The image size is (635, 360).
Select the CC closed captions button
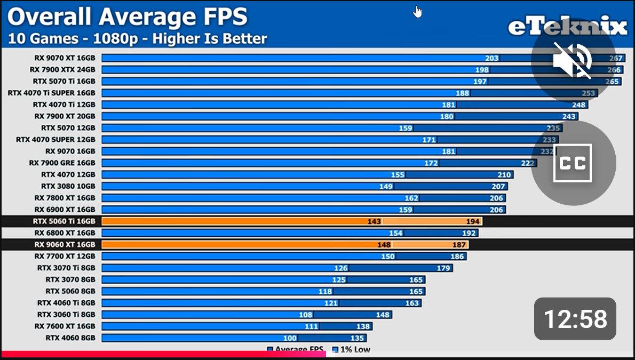tap(573, 163)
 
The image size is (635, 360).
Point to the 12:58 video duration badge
tap(575, 318)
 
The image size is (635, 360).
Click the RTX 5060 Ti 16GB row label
tap(64, 221)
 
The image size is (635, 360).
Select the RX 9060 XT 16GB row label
tap(65, 245)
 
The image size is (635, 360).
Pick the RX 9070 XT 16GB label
tap(62, 58)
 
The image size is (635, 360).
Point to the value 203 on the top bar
tap(491, 58)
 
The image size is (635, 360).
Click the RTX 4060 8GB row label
tap(70, 338)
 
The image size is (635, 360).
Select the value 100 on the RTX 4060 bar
tap(290, 338)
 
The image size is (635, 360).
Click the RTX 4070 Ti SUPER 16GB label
tap(51, 93)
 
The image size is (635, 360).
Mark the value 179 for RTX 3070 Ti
tap(443, 268)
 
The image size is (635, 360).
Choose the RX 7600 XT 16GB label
tap(65, 326)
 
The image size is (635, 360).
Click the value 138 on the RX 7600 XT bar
tap(363, 326)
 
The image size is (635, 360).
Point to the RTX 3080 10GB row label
tap(68, 186)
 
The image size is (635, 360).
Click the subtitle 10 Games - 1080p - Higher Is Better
tap(137, 38)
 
